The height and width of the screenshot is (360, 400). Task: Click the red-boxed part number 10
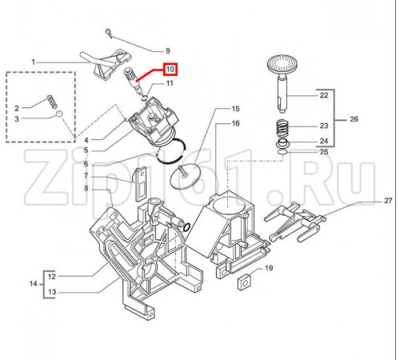170,70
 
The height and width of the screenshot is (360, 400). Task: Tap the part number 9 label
168,50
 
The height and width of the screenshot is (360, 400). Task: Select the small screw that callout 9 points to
109,32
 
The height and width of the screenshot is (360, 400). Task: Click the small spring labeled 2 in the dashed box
52,102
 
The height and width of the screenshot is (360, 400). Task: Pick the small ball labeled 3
59,114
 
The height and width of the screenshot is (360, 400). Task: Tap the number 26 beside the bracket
354,119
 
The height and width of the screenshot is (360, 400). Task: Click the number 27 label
388,201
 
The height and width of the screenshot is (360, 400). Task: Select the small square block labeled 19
244,282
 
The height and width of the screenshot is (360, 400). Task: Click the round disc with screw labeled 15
185,177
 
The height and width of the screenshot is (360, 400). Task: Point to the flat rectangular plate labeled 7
141,184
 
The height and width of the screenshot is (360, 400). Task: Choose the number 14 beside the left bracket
34,283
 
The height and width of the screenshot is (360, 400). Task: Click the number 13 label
52,292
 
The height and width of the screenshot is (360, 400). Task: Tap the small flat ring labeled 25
282,152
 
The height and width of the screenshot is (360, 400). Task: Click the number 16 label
235,123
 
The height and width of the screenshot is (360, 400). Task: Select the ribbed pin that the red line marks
134,82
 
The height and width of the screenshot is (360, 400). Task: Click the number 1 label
34,62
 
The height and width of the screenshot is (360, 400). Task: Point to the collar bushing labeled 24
282,143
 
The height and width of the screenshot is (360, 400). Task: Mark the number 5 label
86,150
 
